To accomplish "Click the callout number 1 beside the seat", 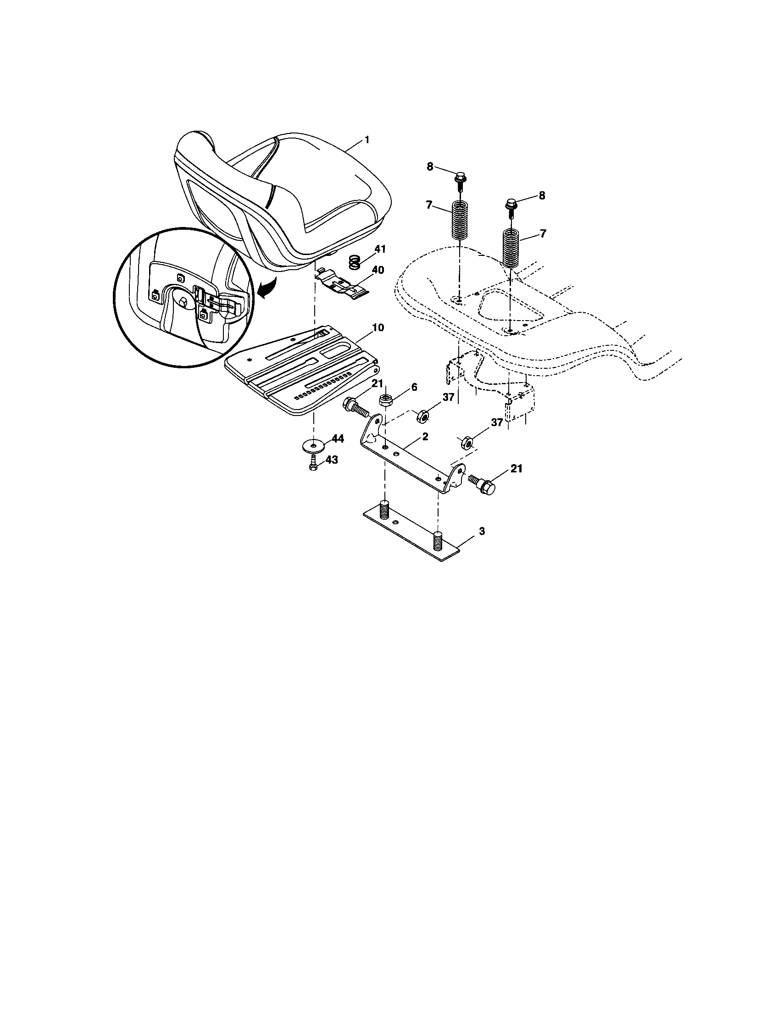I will pyautogui.click(x=367, y=140).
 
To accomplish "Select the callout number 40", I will pyautogui.click(x=378, y=270).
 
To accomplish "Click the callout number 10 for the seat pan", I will pyautogui.click(x=378, y=327).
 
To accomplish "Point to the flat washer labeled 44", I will pyautogui.click(x=314, y=445).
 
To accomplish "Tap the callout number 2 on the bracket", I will pyautogui.click(x=425, y=436).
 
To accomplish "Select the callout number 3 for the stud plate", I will pyautogui.click(x=482, y=531).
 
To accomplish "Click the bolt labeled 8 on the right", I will pyautogui.click(x=511, y=204).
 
